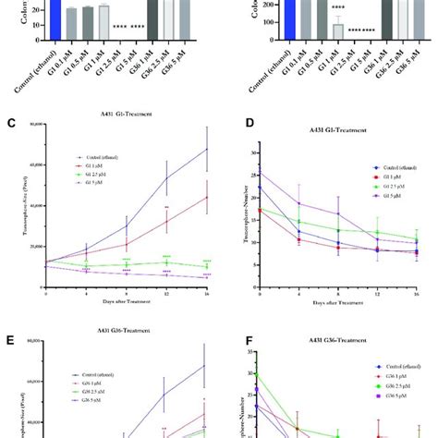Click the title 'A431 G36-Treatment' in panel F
tap(343, 339)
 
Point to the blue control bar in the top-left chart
tap(55, 18)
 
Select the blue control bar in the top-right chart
tap(275, 18)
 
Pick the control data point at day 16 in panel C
tap(207, 149)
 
